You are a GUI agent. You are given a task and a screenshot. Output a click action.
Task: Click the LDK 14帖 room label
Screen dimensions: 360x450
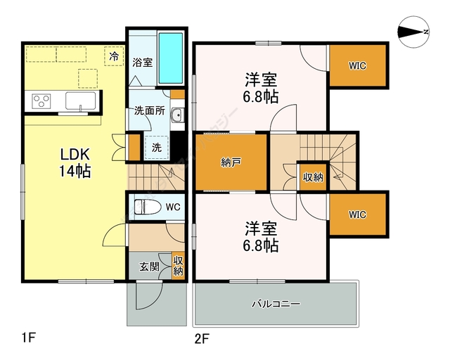(74, 162)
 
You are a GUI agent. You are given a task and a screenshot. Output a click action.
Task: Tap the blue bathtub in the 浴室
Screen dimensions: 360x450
(170, 58)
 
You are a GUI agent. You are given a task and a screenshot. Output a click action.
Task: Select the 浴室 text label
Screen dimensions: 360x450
(143, 62)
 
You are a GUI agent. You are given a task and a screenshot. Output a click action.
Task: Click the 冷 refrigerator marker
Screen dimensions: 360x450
(112, 55)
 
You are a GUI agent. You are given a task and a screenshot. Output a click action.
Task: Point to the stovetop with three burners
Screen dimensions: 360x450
(41, 101)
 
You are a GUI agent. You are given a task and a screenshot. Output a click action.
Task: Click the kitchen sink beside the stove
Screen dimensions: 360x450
(83, 101)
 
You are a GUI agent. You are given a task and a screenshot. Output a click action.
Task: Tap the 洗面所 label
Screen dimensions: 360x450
(150, 111)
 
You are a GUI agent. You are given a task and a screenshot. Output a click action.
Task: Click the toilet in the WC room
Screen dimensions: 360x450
(146, 207)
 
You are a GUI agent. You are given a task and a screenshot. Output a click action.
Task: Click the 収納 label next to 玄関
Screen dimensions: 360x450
(178, 265)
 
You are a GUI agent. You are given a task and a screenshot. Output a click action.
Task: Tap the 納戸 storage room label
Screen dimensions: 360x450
(231, 162)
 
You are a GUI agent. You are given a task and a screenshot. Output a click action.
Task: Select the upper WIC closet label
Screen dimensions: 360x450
(358, 66)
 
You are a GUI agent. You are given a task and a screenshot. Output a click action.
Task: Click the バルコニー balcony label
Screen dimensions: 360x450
(276, 304)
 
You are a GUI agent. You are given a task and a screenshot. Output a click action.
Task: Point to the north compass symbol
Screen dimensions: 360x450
(413, 31)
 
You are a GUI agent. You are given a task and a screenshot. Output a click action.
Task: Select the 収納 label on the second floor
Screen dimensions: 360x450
(313, 176)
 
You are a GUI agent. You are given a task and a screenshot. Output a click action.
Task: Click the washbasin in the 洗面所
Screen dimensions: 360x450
(176, 116)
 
